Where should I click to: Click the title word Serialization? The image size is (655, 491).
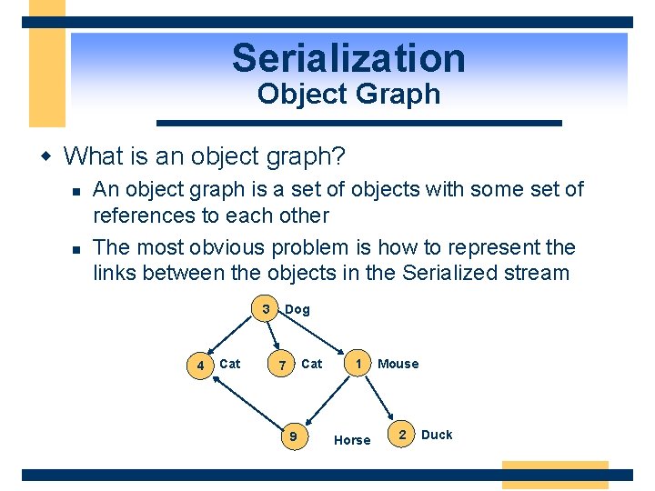point(348,58)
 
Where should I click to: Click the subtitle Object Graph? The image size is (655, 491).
point(348,94)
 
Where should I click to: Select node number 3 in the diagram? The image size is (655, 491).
point(266,309)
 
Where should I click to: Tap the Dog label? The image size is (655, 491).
point(297,310)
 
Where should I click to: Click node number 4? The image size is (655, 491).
point(200,366)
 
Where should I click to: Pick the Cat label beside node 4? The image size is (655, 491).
point(230,364)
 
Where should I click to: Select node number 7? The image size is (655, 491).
point(283,366)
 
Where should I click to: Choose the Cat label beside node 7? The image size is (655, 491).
point(311,364)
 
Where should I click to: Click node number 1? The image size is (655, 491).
point(360,363)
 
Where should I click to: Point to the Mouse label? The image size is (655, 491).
point(398,364)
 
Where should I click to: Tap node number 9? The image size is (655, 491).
point(292,437)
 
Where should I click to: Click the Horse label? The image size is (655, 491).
point(352,440)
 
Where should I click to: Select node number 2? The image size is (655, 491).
point(402,435)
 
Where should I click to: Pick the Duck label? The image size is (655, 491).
point(437,435)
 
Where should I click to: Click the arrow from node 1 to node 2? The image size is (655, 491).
point(380,396)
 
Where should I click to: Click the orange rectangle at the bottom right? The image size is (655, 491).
point(554,475)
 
